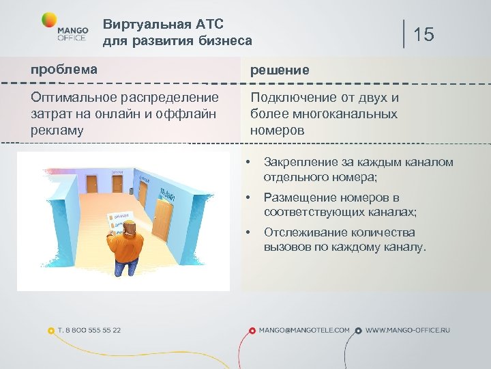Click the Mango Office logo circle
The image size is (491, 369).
tap(49, 20)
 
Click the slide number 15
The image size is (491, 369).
tap(423, 34)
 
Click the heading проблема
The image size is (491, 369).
tap(63, 70)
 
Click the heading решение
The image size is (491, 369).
tap(280, 70)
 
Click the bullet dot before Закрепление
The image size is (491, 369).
tap(250, 163)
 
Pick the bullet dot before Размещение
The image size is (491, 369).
tap(250, 198)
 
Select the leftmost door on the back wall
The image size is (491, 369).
tap(91, 182)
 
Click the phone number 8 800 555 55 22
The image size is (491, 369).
tap(89, 330)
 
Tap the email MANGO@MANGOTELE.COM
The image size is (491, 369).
tap(304, 330)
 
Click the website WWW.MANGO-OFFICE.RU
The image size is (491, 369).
tap(408, 330)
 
